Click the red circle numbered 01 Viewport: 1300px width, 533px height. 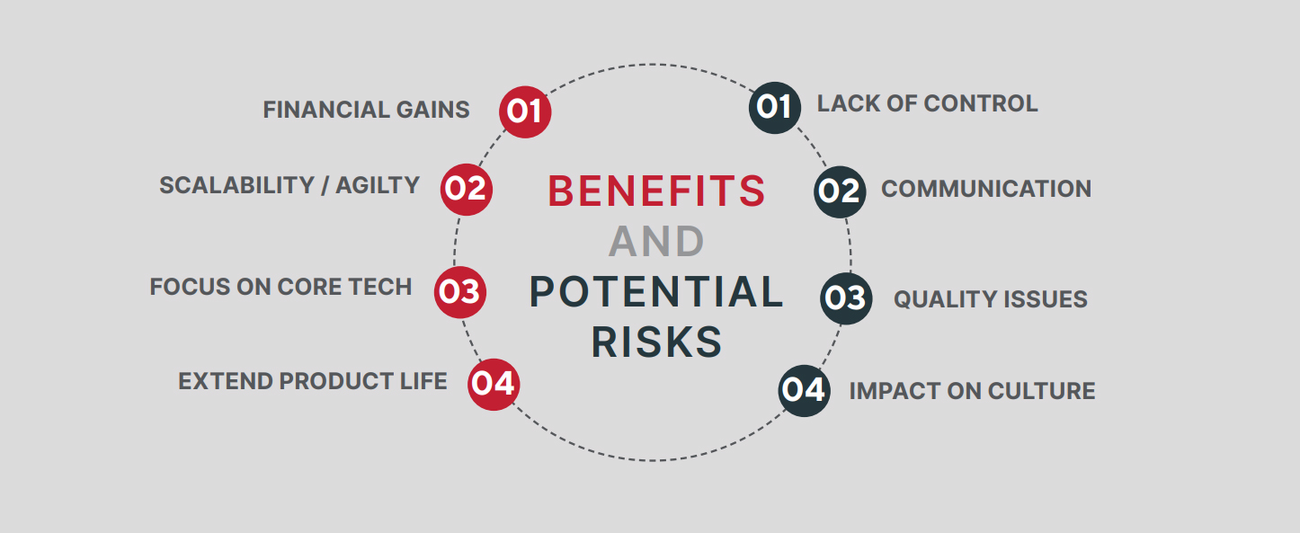click(x=525, y=112)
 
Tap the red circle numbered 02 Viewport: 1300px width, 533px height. click(x=467, y=190)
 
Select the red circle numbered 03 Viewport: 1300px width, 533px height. click(x=460, y=292)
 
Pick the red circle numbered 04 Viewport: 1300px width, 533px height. click(x=494, y=385)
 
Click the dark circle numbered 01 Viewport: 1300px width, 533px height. click(x=775, y=108)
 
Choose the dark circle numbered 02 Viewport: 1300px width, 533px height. click(x=840, y=192)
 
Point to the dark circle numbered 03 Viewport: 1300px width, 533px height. click(x=846, y=298)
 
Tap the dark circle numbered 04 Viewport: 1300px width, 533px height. click(x=805, y=391)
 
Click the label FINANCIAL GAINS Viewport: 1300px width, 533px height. click(x=366, y=110)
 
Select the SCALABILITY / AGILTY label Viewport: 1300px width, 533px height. click(x=289, y=185)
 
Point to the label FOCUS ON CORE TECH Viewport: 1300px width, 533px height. click(x=280, y=287)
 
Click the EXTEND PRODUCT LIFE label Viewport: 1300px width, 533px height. click(x=313, y=381)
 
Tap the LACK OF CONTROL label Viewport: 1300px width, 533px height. click(x=928, y=103)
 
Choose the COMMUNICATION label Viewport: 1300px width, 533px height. click(x=986, y=189)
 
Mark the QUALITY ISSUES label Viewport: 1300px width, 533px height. click(x=991, y=299)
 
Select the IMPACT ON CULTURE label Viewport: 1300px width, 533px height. click(x=972, y=391)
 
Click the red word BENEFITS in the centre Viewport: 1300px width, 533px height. click(x=657, y=191)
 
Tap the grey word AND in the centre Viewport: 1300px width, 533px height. click(x=657, y=241)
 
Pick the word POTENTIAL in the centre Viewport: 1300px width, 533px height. click(x=657, y=291)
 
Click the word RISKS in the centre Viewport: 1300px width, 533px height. click(x=657, y=342)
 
